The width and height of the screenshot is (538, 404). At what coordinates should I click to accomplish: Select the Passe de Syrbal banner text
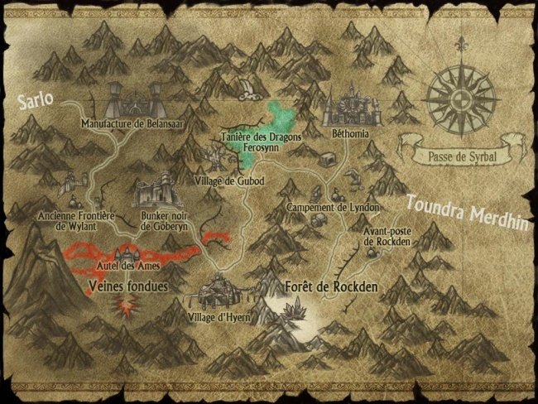[462, 154]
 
